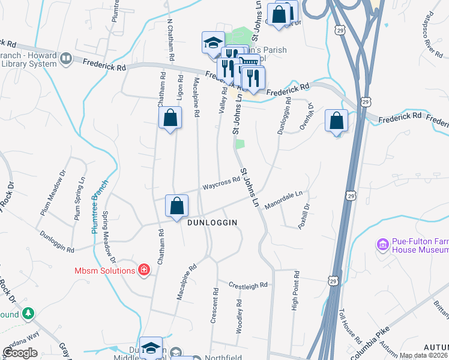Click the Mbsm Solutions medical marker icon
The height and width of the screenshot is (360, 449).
pyautogui.click(x=143, y=270)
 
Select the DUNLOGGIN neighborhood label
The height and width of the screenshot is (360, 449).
pyautogui.click(x=212, y=222)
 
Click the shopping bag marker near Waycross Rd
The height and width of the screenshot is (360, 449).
pyautogui.click(x=177, y=207)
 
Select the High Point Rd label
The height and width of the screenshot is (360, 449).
pyautogui.click(x=295, y=290)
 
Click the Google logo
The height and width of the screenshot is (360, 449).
pyautogui.click(x=20, y=353)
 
